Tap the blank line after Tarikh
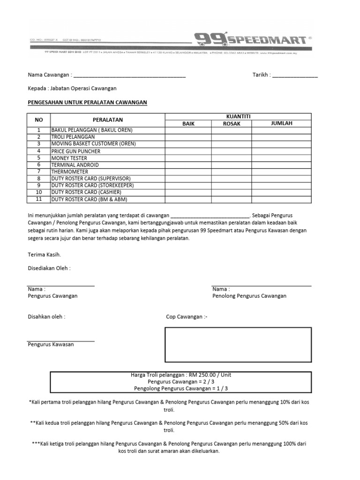(x=295, y=75)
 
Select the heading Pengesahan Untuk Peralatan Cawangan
(x=88, y=102)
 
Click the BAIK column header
(x=188, y=124)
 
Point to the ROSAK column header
(x=232, y=124)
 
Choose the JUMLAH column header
(x=281, y=123)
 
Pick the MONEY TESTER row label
(x=69, y=158)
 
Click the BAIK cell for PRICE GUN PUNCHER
(x=188, y=151)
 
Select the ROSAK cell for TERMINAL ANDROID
(x=232, y=165)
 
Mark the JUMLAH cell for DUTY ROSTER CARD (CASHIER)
(x=281, y=192)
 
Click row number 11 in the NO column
(x=39, y=199)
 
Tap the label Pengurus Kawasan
(x=51, y=344)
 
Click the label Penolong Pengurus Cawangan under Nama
(x=249, y=296)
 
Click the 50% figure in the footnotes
(x=284, y=423)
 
